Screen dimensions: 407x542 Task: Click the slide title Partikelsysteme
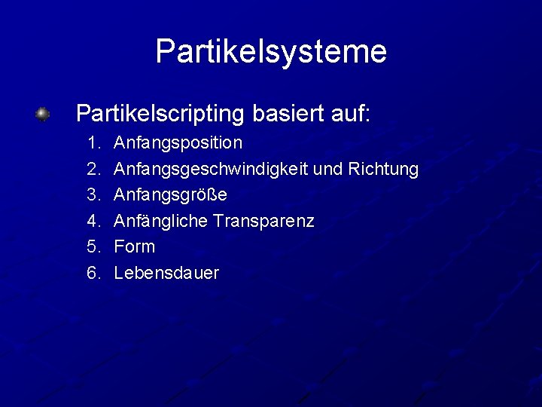point(271,52)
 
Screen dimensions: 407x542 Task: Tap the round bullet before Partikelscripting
point(44,114)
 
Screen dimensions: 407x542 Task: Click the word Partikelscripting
point(160,114)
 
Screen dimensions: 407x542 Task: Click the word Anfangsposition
point(178,142)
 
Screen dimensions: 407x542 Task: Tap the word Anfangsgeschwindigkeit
point(211,169)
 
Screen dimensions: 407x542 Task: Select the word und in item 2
point(327,169)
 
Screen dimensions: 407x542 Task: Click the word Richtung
point(383,169)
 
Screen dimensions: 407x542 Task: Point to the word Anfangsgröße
point(171,194)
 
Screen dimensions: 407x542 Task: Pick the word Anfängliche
point(161,221)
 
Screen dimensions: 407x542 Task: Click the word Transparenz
point(263,221)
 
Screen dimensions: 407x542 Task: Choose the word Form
point(135,246)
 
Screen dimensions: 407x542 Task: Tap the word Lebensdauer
point(166,273)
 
